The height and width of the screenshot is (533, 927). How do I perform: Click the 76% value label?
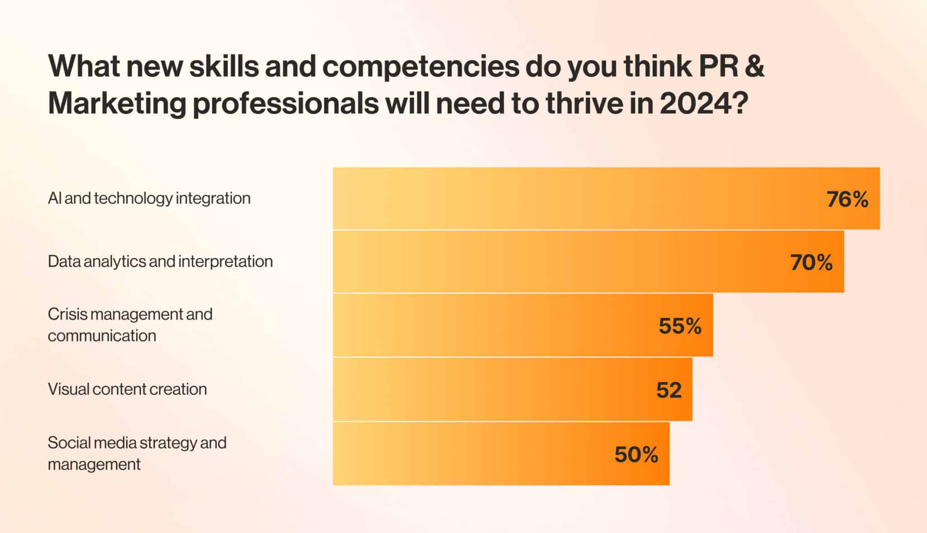click(847, 199)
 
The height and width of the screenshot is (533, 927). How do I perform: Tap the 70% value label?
click(811, 263)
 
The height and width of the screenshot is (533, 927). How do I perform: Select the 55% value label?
click(680, 326)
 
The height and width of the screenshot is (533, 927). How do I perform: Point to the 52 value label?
click(669, 390)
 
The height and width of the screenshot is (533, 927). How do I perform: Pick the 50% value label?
click(636, 455)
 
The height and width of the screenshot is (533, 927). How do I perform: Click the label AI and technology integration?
click(149, 198)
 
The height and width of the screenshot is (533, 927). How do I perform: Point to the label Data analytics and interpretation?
click(160, 261)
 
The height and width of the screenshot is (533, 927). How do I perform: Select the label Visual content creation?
click(127, 389)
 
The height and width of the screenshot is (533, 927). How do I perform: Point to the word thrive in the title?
click(583, 103)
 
